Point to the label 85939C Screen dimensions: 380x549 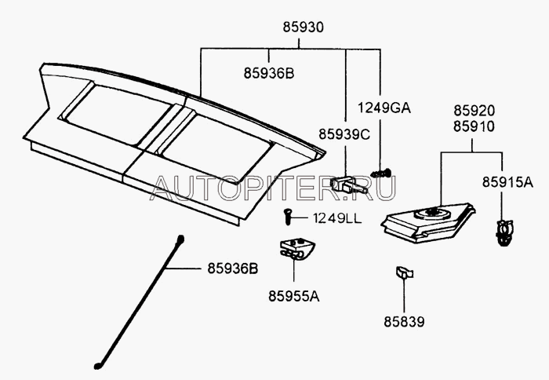coord(343,134)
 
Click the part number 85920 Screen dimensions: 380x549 coord(472,111)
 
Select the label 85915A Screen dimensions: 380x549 coord(507,182)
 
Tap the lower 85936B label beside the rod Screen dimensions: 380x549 coord(231,269)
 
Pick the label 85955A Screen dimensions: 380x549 coord(295,297)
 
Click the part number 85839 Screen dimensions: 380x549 coord(404,321)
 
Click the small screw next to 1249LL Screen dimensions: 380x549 coord(287,214)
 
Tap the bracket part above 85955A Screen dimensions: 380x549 coord(295,249)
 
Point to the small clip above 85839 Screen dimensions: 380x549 coord(402,272)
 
